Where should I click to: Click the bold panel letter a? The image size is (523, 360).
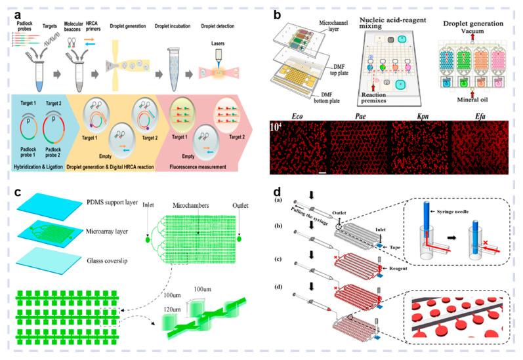point(18,14)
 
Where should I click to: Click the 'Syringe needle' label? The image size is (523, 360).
point(452,228)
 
